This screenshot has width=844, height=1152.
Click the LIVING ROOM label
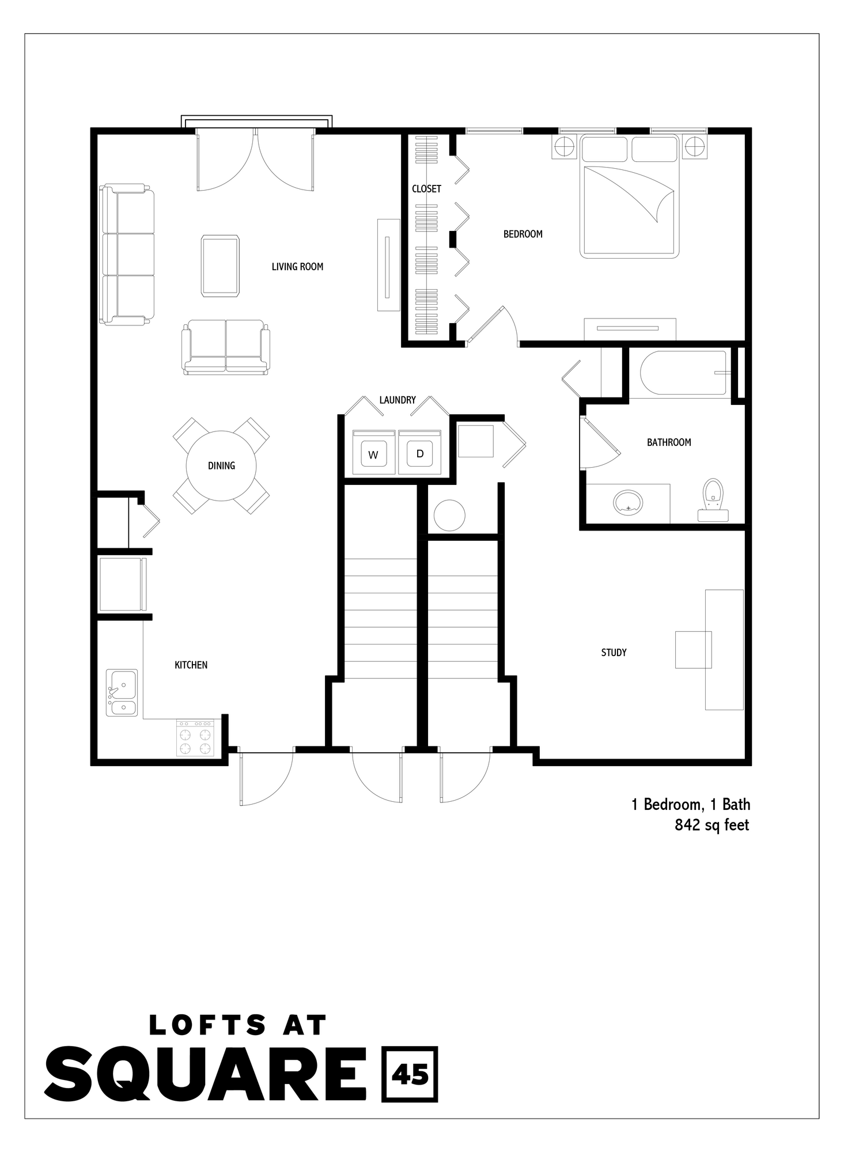[297, 267]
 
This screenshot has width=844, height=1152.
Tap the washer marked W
[373, 454]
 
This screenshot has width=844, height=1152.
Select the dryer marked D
[419, 453]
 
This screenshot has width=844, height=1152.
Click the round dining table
[221, 465]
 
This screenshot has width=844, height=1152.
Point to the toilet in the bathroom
[713, 499]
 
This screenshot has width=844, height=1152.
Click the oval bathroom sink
[628, 502]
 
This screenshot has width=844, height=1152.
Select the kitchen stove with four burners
[195, 738]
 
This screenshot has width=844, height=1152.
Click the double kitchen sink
[122, 692]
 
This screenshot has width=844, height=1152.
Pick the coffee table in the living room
[220, 266]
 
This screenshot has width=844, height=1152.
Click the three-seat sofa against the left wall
[128, 254]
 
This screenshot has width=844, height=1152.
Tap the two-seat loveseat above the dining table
[226, 347]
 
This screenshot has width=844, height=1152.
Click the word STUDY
[614, 653]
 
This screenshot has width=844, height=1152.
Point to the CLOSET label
[426, 189]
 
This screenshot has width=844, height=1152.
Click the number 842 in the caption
[687, 825]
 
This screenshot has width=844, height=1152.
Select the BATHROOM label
[669, 442]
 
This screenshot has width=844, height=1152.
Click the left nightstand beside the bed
[564, 146]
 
